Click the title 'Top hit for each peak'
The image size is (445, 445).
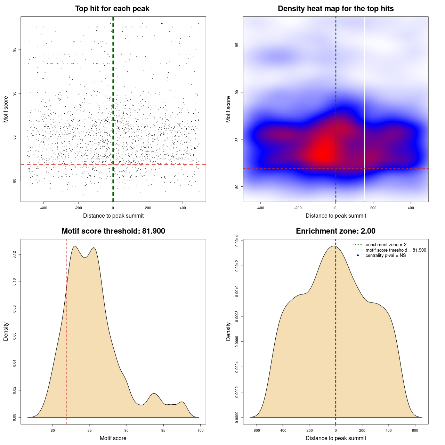112,9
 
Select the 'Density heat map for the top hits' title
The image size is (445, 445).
336,9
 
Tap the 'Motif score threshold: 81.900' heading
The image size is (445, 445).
113,231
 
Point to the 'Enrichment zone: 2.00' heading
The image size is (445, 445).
336,231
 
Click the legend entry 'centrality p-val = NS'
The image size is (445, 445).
386,256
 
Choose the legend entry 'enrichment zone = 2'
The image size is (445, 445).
386,245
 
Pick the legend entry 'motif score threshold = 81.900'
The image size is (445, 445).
396,250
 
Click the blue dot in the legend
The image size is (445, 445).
358,256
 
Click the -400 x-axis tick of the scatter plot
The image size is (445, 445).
43,208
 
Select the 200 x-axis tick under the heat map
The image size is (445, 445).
373,208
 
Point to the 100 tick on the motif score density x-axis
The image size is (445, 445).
201,430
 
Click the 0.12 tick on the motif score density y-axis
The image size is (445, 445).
15,255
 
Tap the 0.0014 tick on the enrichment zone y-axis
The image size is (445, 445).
237,241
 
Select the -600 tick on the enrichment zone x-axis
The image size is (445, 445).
256,430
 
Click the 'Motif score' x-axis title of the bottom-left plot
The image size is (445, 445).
113,438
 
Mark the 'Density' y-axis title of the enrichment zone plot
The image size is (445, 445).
228,331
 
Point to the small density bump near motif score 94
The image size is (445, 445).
154,394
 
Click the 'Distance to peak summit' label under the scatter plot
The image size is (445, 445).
113,216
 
